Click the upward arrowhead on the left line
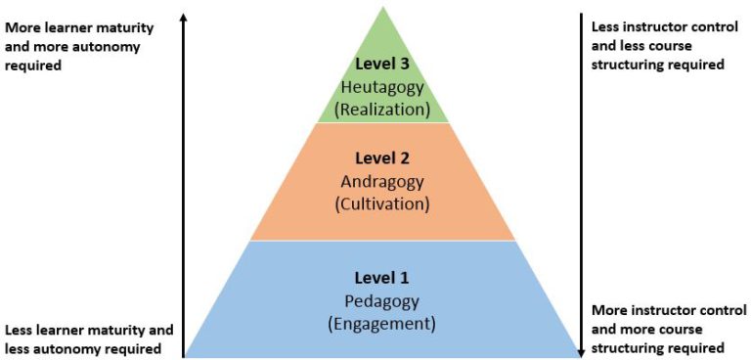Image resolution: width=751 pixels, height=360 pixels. pos(184,17)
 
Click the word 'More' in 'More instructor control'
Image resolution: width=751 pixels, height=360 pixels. pos(608,311)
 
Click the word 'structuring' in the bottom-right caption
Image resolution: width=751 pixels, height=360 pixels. pos(627,347)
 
